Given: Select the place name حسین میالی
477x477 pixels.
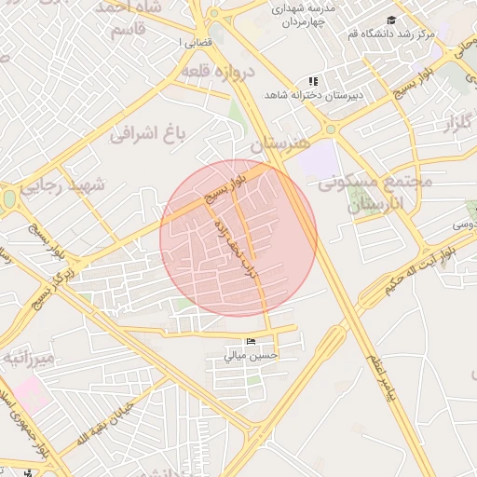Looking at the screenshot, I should (x=247, y=355).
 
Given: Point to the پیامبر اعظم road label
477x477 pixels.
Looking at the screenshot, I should (x=381, y=372).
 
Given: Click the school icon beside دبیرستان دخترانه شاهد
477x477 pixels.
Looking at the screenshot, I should (x=314, y=81).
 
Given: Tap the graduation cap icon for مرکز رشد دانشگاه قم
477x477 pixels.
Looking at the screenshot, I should (x=391, y=20).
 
